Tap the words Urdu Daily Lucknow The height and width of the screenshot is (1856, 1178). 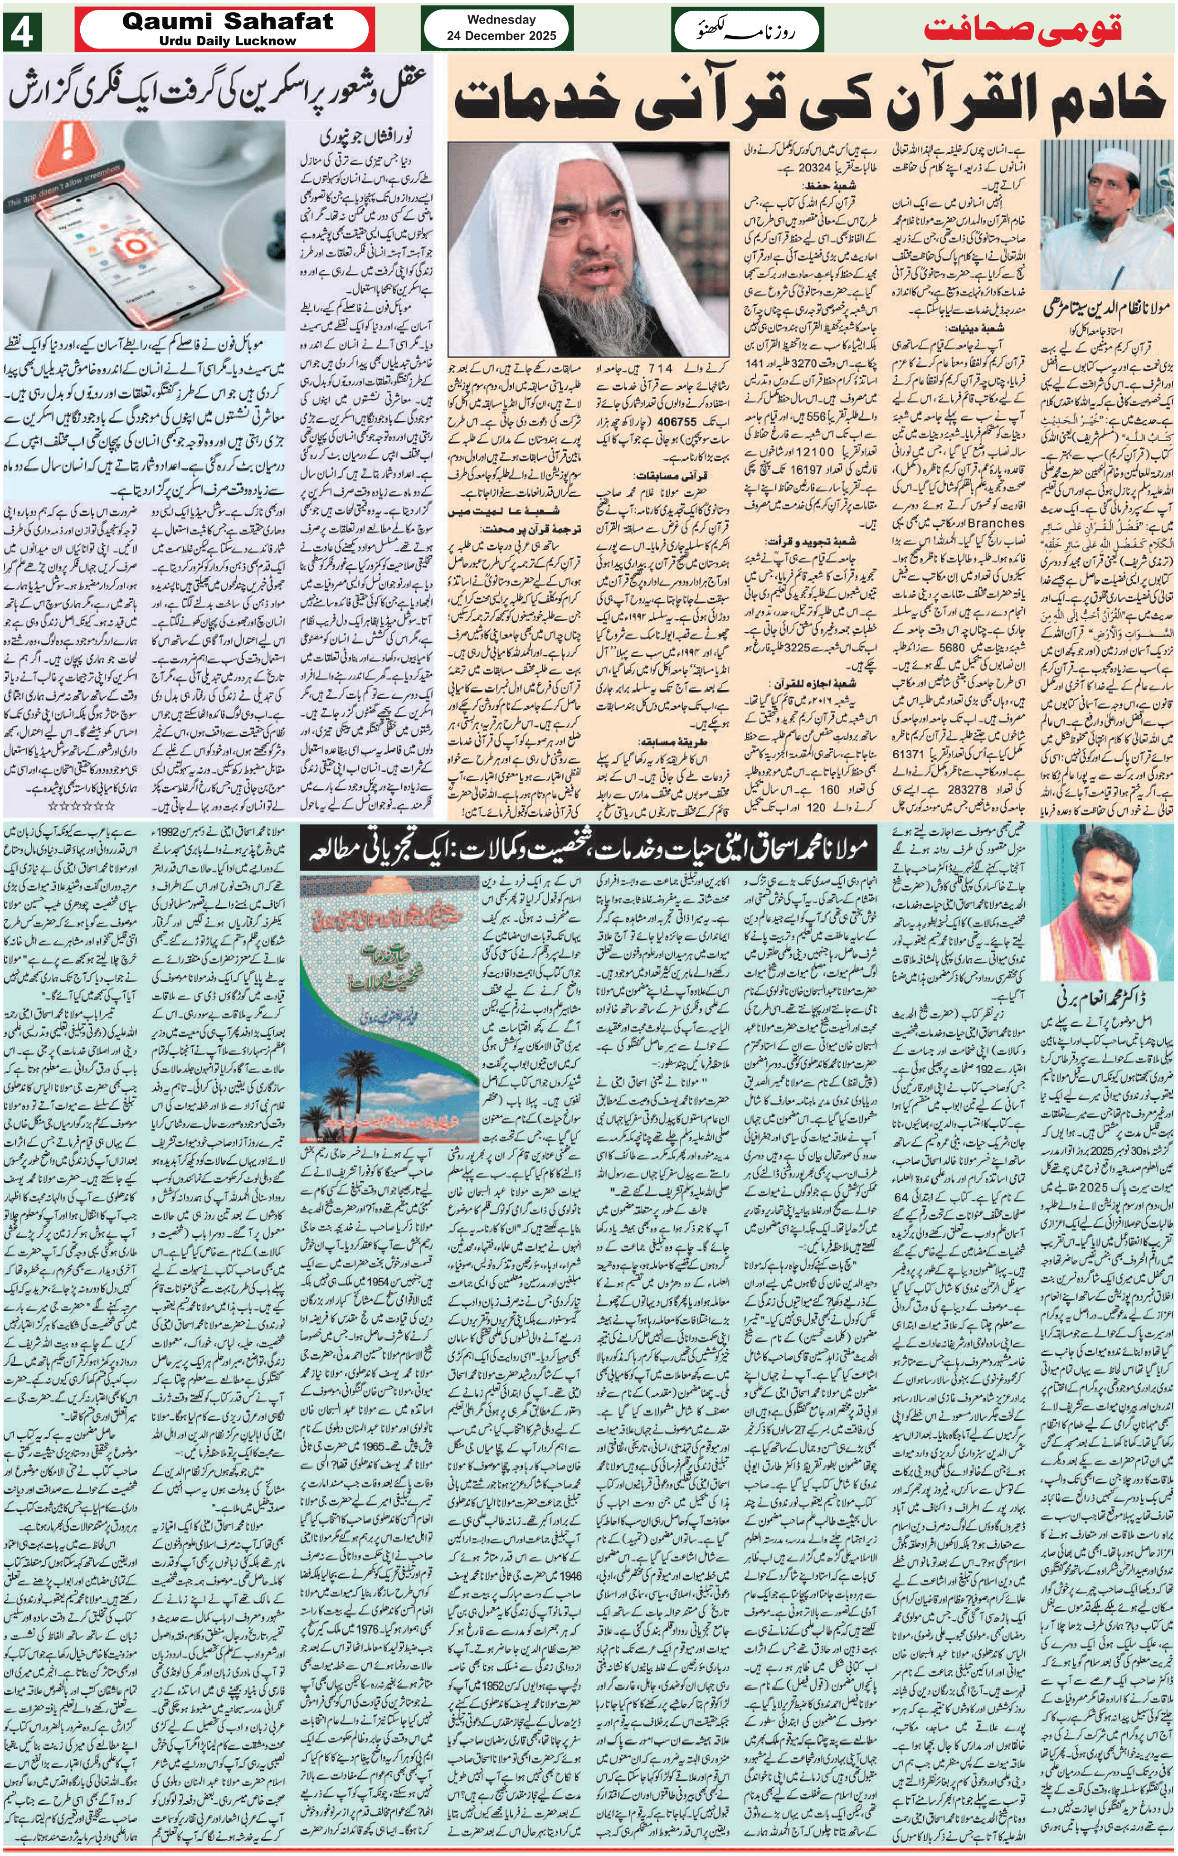(228, 41)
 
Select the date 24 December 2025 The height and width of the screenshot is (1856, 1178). (501, 35)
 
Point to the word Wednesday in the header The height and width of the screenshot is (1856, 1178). (501, 20)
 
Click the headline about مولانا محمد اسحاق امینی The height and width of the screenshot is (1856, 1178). (590, 848)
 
